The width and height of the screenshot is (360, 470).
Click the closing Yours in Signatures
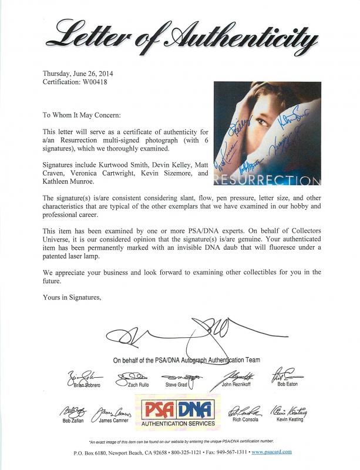click(72, 297)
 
